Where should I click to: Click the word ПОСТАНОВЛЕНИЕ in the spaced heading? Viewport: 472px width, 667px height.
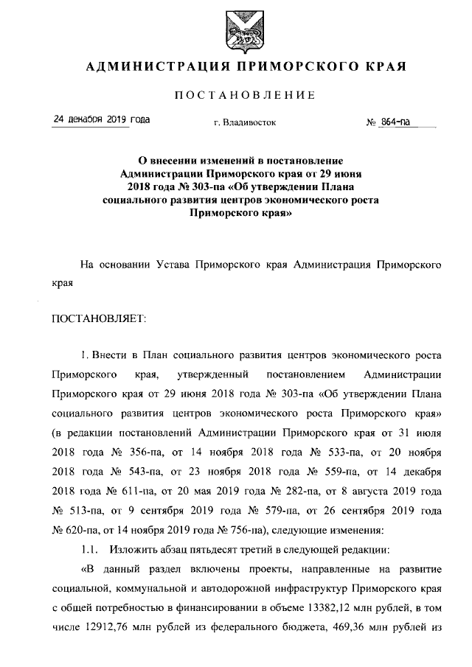(x=245, y=95)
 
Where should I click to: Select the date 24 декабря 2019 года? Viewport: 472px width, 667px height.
(x=101, y=119)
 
